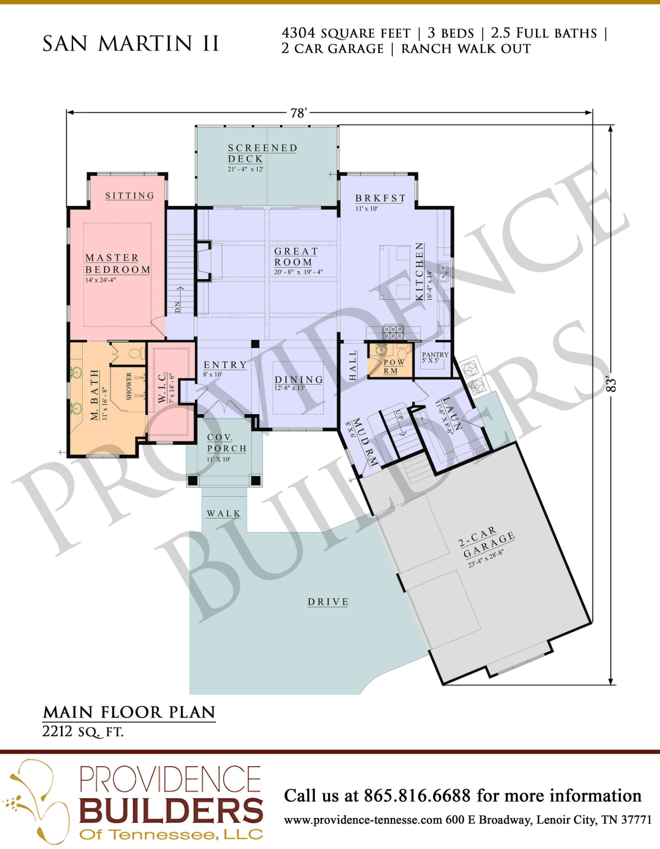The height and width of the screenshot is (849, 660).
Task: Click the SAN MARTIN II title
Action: pyautogui.click(x=131, y=44)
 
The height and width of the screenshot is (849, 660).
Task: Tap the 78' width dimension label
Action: pyautogui.click(x=298, y=113)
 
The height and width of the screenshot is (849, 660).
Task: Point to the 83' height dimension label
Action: pyautogui.click(x=611, y=384)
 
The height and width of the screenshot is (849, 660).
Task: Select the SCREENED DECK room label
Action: pyautogui.click(x=262, y=153)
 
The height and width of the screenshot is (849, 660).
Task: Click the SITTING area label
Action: pyautogui.click(x=130, y=196)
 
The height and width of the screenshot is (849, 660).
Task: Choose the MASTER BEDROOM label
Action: pyautogui.click(x=118, y=264)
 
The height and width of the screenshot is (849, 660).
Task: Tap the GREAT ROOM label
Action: pyautogui.click(x=296, y=257)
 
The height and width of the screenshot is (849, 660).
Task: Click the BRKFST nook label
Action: pyautogui.click(x=380, y=198)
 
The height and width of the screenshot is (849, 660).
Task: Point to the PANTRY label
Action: pyautogui.click(x=435, y=355)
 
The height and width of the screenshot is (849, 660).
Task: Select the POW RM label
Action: pyautogui.click(x=393, y=367)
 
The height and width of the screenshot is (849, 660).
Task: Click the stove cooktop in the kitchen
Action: pyautogui.click(x=393, y=333)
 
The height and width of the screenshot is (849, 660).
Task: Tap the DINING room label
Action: pyautogui.click(x=299, y=380)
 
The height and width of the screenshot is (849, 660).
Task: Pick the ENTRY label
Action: pyautogui.click(x=225, y=365)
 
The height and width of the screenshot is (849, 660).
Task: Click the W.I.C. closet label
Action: pyautogui.click(x=162, y=388)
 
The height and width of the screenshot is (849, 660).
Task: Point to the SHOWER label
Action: pyautogui.click(x=129, y=386)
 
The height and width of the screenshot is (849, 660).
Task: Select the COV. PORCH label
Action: pyautogui.click(x=226, y=443)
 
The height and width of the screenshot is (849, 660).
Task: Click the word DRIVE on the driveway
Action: pyautogui.click(x=328, y=602)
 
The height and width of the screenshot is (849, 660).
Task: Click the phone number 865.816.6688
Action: pyautogui.click(x=417, y=795)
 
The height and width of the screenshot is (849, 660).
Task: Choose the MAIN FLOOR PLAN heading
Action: pyautogui.click(x=129, y=712)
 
